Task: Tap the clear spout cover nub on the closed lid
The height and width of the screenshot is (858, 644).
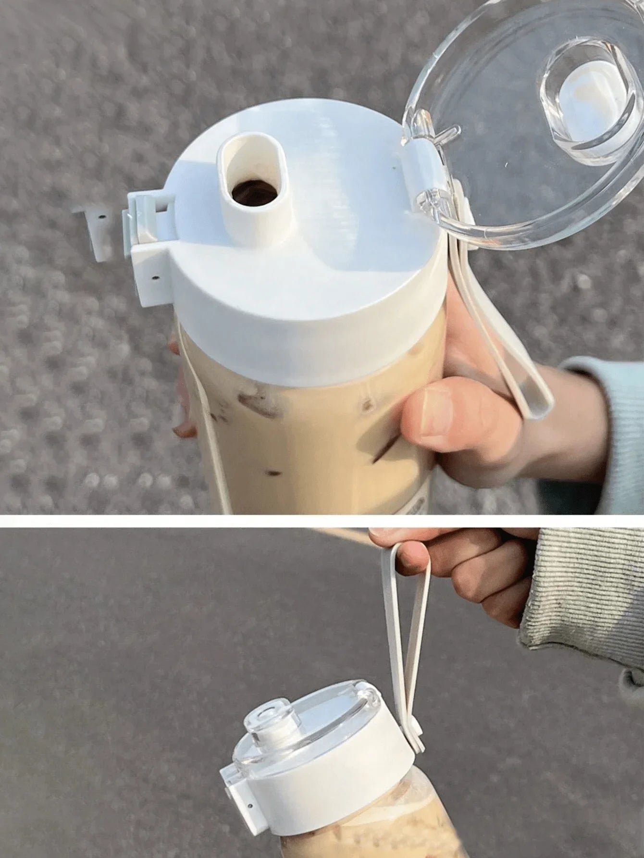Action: tap(269, 721)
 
